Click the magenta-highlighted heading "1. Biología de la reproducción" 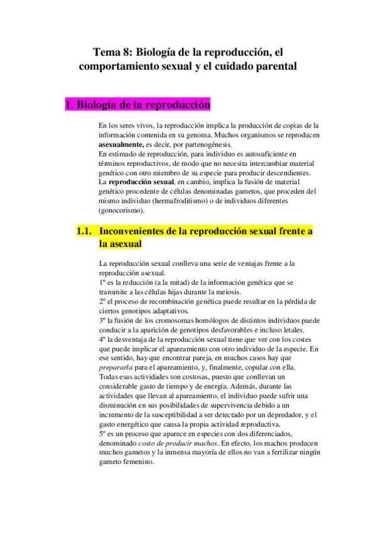click(138, 105)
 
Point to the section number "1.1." click(85, 231)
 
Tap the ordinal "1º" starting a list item click(103, 283)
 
